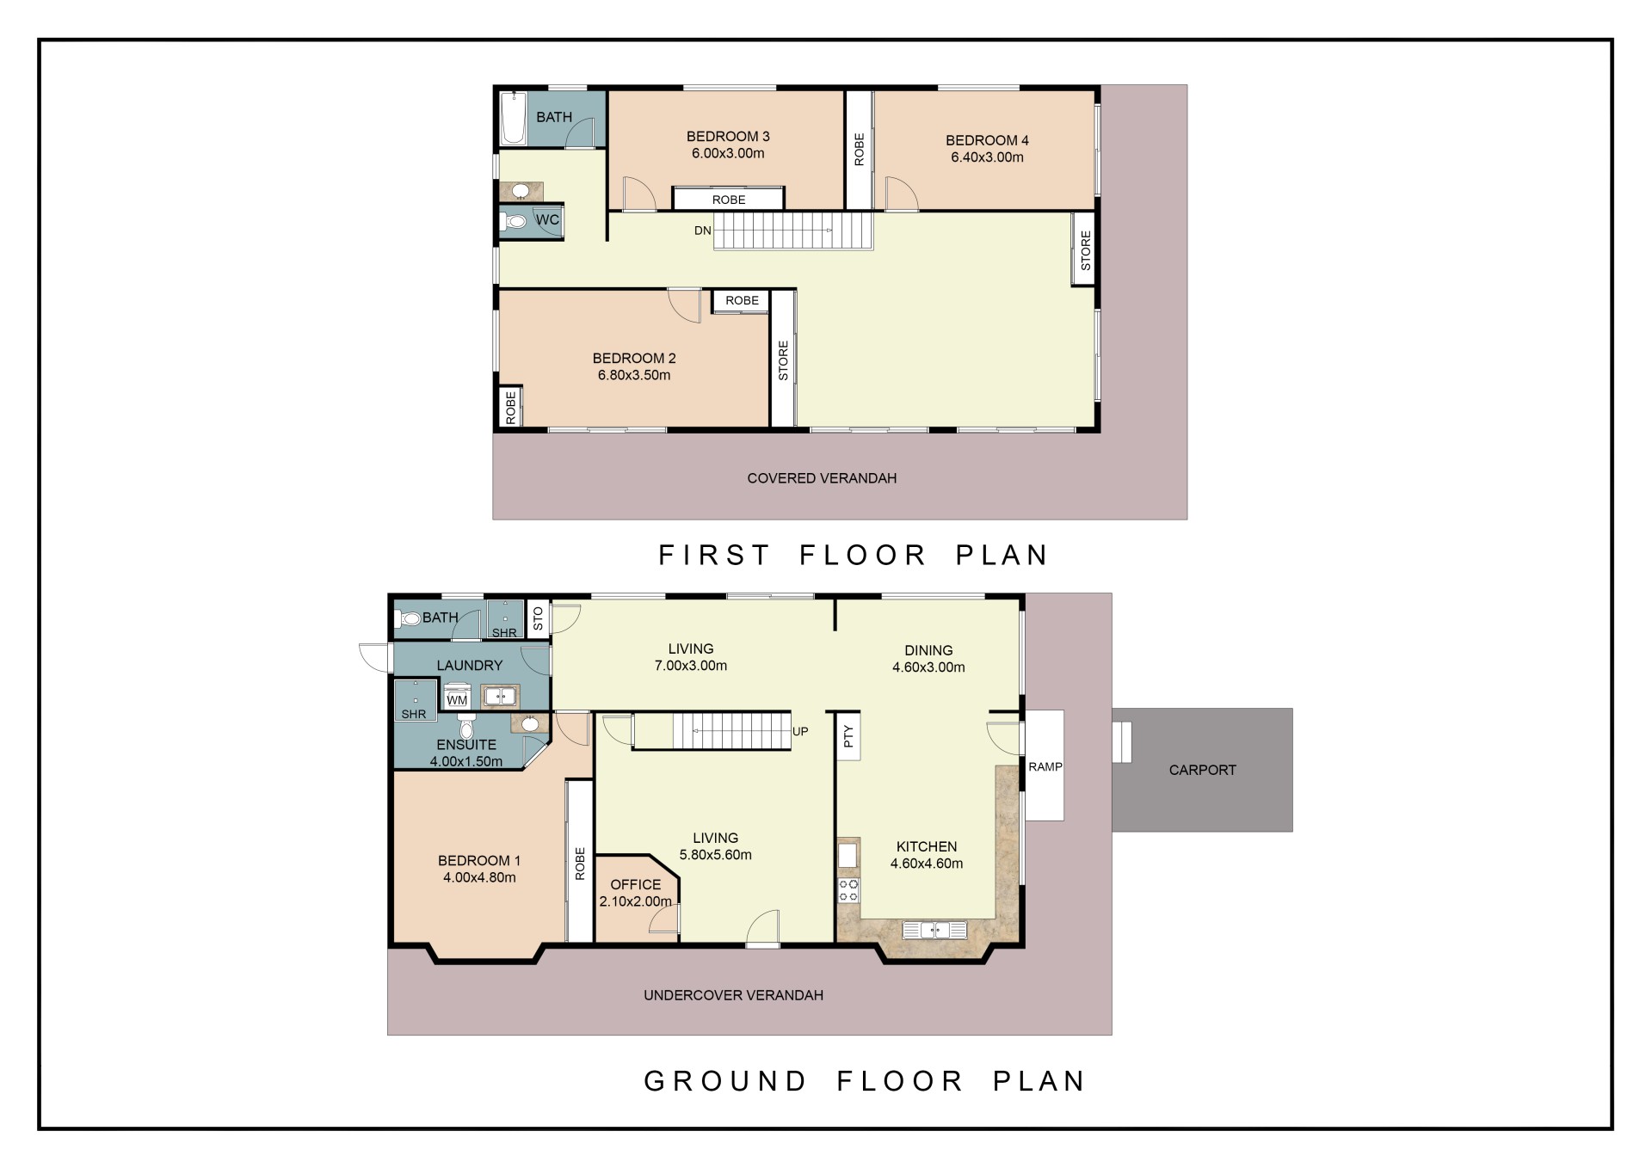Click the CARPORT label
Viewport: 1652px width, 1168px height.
click(1202, 770)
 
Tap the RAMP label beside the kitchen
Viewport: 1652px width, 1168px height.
click(1045, 766)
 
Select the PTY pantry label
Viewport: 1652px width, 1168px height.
click(848, 736)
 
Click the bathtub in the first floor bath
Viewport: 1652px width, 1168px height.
click(514, 118)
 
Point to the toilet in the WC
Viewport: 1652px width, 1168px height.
click(515, 222)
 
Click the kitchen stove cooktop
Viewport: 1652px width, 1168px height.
click(848, 890)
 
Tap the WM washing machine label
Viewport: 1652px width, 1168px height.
click(457, 700)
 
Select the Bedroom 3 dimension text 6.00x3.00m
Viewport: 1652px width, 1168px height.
click(728, 154)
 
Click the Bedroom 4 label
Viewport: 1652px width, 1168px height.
click(987, 140)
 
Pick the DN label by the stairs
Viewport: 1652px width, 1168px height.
click(703, 231)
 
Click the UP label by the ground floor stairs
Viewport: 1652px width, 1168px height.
click(800, 732)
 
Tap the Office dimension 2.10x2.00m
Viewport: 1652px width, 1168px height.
click(636, 901)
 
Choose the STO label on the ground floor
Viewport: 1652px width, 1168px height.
click(539, 618)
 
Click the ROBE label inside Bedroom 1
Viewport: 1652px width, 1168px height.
click(580, 863)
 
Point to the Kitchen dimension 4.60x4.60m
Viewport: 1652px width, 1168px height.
click(927, 864)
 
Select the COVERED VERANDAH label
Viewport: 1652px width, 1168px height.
click(822, 478)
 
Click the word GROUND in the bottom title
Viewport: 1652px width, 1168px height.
click(725, 1081)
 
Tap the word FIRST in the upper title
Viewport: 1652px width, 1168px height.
click(714, 555)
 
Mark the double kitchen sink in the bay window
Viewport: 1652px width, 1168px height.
click(934, 930)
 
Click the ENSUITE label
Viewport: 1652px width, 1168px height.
click(466, 745)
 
